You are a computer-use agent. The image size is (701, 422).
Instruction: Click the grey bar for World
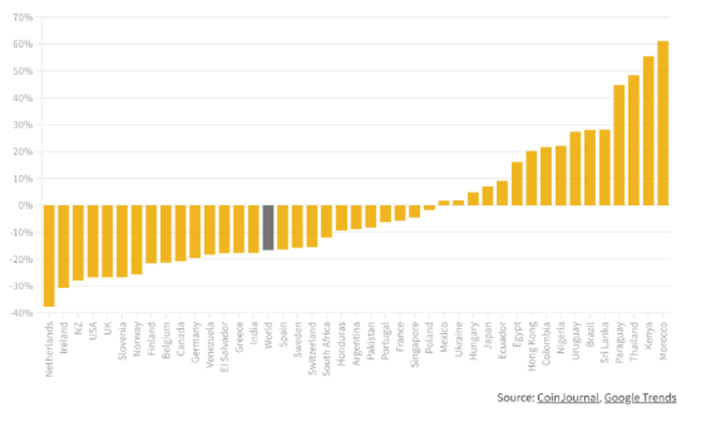tap(268, 227)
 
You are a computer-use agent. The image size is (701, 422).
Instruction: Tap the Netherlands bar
tap(49, 256)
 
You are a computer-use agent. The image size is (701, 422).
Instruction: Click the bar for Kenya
tap(648, 131)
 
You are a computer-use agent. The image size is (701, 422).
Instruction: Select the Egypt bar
tap(517, 184)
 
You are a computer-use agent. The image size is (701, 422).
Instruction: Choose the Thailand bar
tap(634, 140)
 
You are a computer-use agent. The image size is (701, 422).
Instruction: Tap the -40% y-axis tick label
tap(22, 313)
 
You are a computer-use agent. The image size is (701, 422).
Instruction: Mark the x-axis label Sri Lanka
tap(605, 340)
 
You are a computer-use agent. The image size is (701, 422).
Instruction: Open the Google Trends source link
tap(640, 397)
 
